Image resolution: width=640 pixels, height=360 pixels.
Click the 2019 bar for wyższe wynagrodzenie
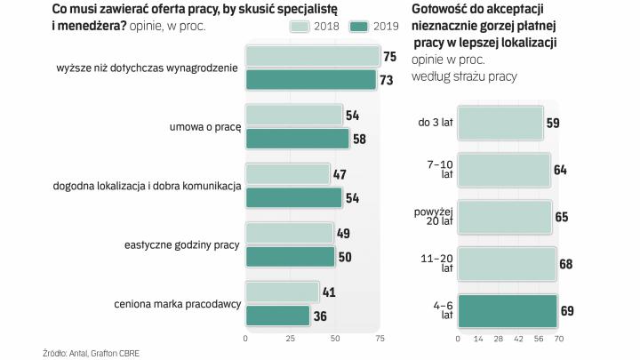pyautogui.click(x=310, y=80)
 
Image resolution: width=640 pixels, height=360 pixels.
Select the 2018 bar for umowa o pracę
pyautogui.click(x=293, y=115)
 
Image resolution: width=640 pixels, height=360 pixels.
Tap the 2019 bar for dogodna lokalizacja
pyautogui.click(x=293, y=197)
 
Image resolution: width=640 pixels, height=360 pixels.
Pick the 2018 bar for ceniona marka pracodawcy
pyautogui.click(x=282, y=292)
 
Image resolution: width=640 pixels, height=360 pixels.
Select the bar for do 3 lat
pyautogui.click(x=500, y=123)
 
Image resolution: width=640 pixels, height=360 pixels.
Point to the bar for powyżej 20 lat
pyautogui.click(x=504, y=216)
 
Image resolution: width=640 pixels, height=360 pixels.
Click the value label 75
pyautogui.click(x=389, y=57)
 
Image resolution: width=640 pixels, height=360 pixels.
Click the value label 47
pyautogui.click(x=340, y=174)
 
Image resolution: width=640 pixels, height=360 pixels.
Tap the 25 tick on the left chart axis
pyautogui.click(x=290, y=340)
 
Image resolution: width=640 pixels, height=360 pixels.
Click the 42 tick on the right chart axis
pyautogui.click(x=518, y=340)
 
